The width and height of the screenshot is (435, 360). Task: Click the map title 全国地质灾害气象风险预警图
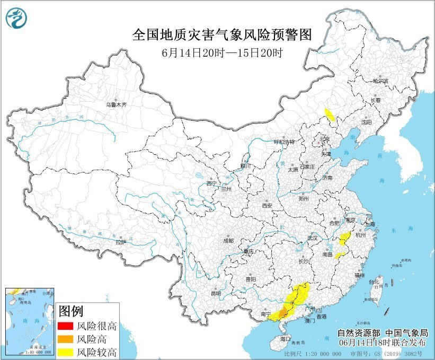click(x=221, y=35)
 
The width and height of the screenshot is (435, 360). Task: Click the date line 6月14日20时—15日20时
click(x=221, y=54)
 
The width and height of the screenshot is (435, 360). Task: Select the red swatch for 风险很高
click(x=65, y=326)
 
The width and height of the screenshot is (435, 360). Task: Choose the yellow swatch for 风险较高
click(x=65, y=352)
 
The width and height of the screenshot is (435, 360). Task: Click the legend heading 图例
click(x=71, y=310)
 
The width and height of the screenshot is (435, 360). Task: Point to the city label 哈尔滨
click(x=380, y=81)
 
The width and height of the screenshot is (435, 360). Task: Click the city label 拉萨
click(x=121, y=242)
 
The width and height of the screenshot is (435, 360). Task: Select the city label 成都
click(x=228, y=240)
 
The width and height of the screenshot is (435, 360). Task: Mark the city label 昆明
click(x=216, y=293)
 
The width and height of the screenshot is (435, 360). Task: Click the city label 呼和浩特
click(x=283, y=142)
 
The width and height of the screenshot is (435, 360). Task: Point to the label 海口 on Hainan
click(x=286, y=338)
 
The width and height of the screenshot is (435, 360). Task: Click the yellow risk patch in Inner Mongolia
click(x=330, y=114)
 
